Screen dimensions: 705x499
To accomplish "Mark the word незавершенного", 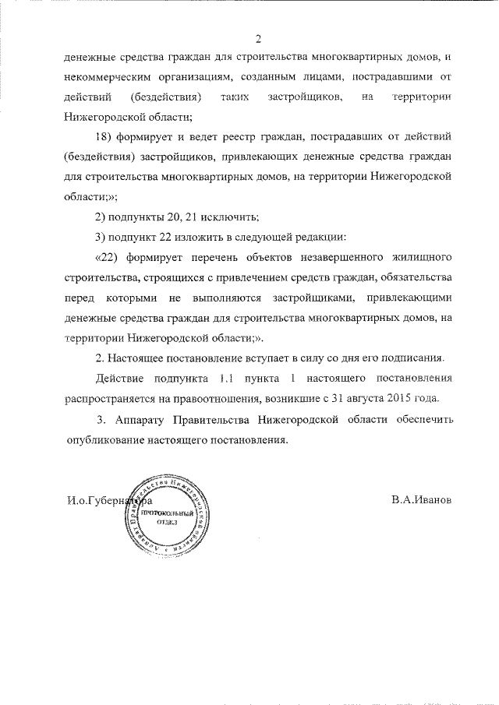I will [x=345, y=256].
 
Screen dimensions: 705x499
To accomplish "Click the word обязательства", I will [x=412, y=277].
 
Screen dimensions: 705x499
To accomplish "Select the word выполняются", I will [x=232, y=297].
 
